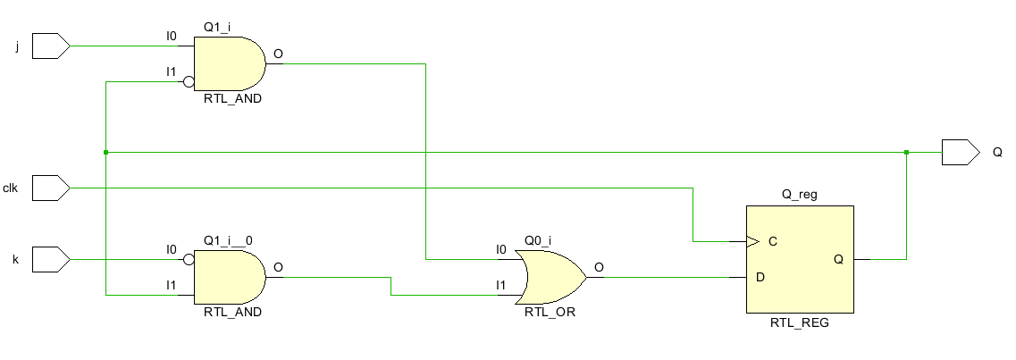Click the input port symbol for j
click(50, 46)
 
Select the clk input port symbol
click(50, 188)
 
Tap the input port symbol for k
click(50, 259)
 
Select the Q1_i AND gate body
click(228, 63)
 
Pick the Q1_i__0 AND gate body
click(228, 277)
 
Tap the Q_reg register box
click(800, 259)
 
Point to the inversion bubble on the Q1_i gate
click(189, 82)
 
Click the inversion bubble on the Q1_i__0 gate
click(189, 260)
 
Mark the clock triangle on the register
click(752, 241)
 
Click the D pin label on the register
click(760, 278)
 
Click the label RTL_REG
click(799, 322)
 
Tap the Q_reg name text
click(799, 194)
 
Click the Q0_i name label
click(537, 239)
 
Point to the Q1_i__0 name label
click(228, 239)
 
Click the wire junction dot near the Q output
click(907, 153)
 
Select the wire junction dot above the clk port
click(105, 153)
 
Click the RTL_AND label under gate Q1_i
click(232, 99)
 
